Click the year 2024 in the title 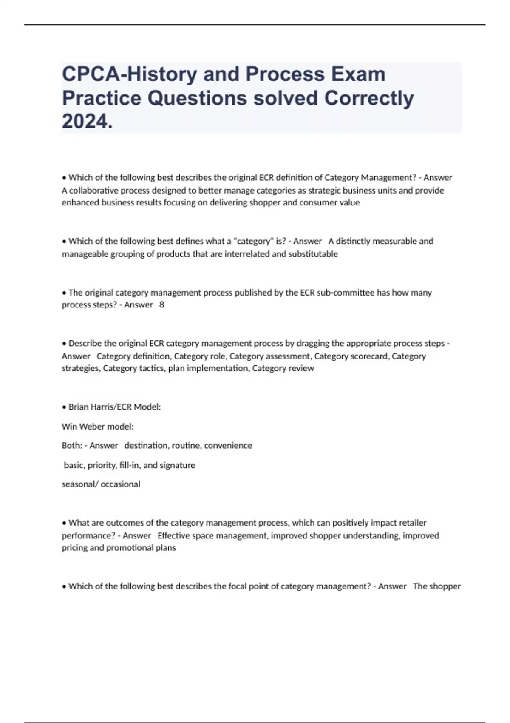[x=85, y=122]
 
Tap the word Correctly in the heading [x=369, y=98]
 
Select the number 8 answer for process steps [x=161, y=305]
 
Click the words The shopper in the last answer [x=436, y=586]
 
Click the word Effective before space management [x=174, y=535]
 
